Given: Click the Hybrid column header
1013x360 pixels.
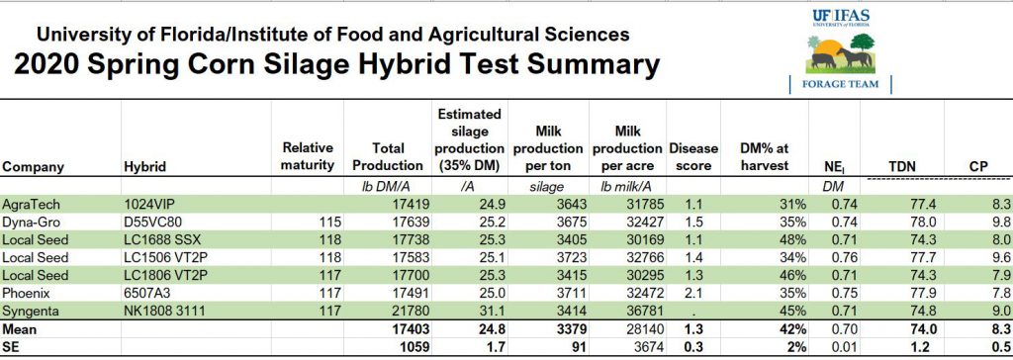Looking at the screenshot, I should pyautogui.click(x=145, y=167).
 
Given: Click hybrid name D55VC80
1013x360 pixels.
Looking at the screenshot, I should pyautogui.click(x=153, y=222).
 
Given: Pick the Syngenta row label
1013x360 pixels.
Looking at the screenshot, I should pyautogui.click(x=33, y=311).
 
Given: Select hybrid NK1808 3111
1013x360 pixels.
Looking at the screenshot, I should pyautogui.click(x=165, y=311).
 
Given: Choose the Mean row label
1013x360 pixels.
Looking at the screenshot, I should pyautogui.click(x=23, y=328).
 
